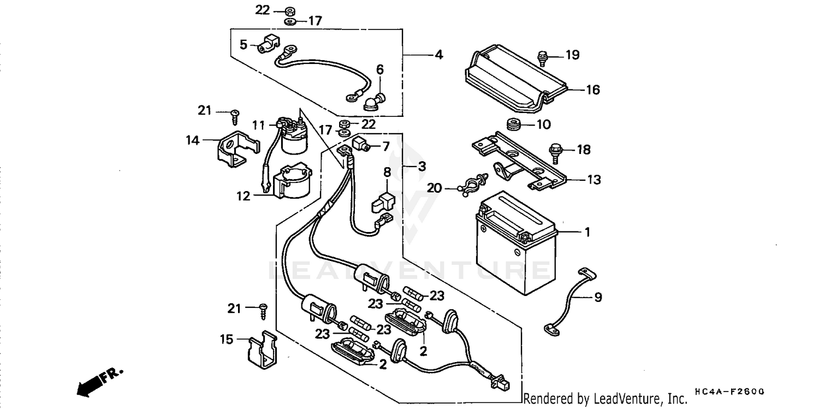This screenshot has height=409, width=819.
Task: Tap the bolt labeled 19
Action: (x=543, y=57)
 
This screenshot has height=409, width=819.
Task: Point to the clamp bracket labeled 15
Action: (x=261, y=349)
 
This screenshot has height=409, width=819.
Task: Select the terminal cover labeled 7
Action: (x=360, y=145)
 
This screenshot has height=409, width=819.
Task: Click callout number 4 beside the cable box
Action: (x=438, y=55)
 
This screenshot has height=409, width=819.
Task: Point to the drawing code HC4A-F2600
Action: (x=729, y=392)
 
